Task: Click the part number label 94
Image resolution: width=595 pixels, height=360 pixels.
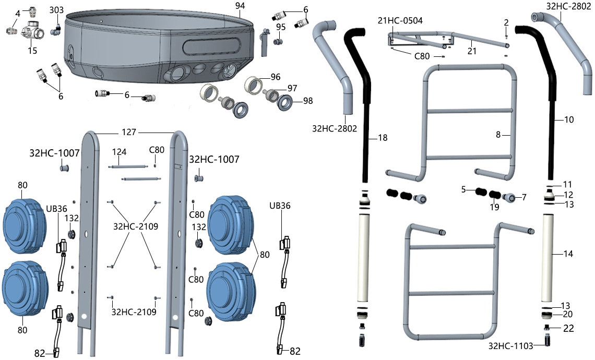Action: click(x=240, y=6)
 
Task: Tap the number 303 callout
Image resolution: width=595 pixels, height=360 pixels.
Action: click(x=57, y=10)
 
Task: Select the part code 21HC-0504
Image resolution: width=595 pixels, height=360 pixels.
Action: click(x=400, y=20)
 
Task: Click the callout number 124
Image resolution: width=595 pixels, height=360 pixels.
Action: click(x=120, y=152)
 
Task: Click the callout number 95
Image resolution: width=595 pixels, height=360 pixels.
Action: click(x=281, y=27)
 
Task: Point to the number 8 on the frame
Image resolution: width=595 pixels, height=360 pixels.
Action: click(x=498, y=135)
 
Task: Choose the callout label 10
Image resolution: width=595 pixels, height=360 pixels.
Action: click(x=569, y=119)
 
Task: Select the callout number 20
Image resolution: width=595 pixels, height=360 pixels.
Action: click(x=568, y=314)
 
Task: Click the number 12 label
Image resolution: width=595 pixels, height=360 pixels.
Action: click(x=568, y=195)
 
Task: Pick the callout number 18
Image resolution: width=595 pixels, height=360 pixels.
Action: click(x=383, y=138)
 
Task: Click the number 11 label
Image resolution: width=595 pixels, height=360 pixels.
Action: click(x=567, y=184)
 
